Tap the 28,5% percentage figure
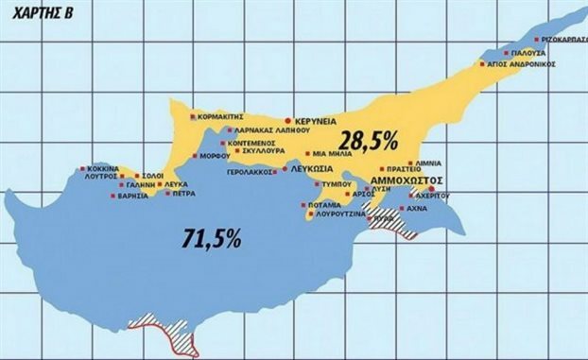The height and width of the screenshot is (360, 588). (370, 140)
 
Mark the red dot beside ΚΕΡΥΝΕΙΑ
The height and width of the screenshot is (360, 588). (287, 123)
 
